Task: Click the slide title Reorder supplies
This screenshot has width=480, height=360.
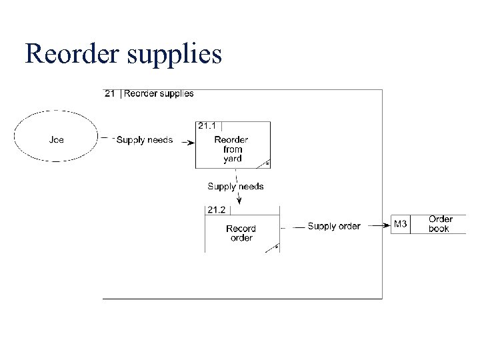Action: (x=123, y=53)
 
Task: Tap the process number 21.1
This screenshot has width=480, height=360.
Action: (x=207, y=125)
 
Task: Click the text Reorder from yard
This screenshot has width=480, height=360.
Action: (x=232, y=149)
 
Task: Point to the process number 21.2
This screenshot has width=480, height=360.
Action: (x=216, y=210)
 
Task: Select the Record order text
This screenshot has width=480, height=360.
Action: (x=241, y=233)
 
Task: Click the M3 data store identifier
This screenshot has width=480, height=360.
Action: (x=401, y=224)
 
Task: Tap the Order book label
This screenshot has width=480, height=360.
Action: (x=440, y=224)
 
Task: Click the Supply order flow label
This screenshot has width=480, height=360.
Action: (x=333, y=226)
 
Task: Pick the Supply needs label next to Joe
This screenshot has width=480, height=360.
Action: (x=144, y=140)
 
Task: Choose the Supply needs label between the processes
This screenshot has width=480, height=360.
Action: (x=235, y=187)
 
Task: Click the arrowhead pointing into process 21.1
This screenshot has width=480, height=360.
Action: (x=191, y=141)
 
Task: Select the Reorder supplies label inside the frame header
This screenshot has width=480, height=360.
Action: (x=159, y=93)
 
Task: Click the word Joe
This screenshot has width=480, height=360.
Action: (x=57, y=140)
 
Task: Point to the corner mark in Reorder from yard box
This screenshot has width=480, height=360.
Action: (x=267, y=163)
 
